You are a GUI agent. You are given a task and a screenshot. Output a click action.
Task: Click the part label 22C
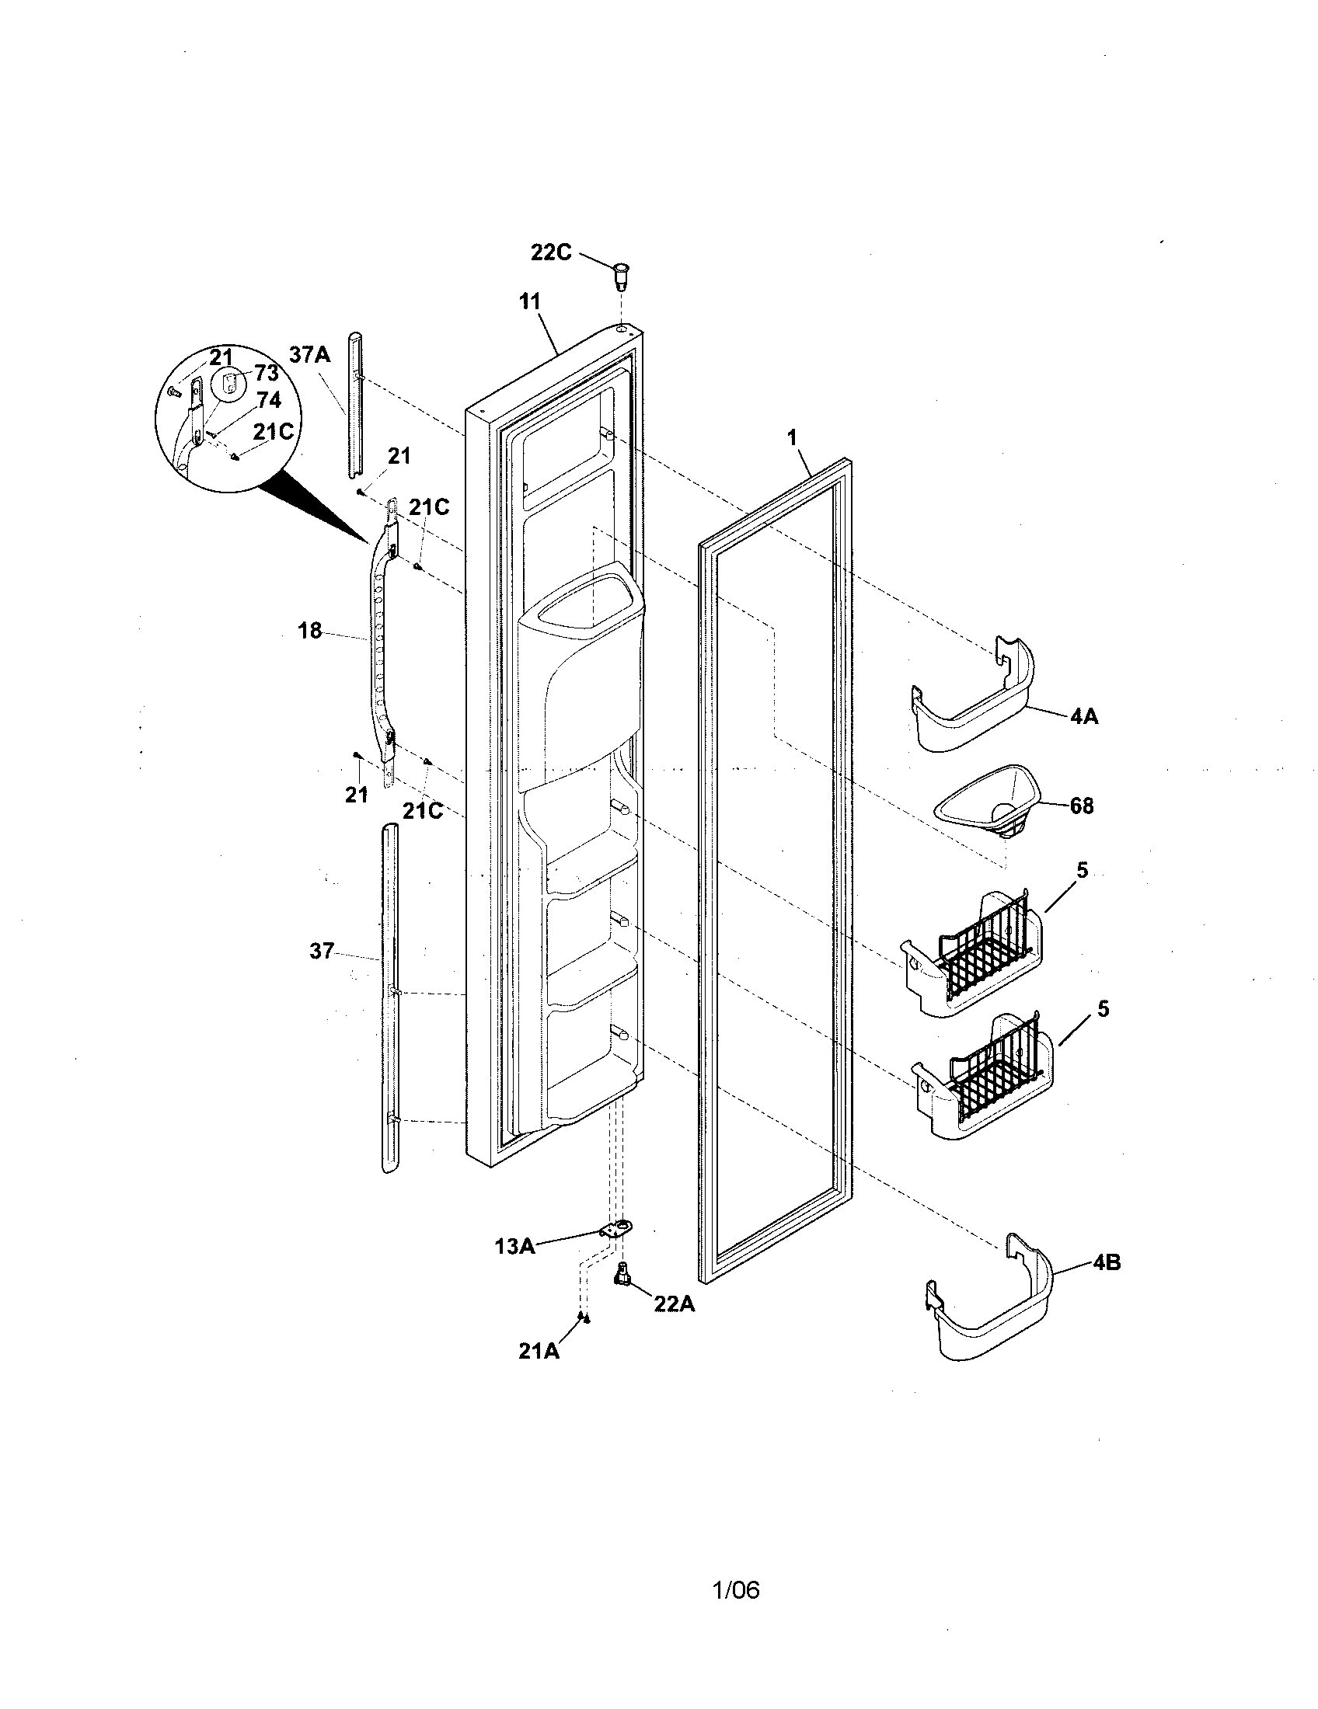pyautogui.click(x=551, y=252)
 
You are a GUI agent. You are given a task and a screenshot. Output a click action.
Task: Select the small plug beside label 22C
pyautogui.click(x=620, y=277)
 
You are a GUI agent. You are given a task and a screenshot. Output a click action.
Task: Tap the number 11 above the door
pyautogui.click(x=530, y=301)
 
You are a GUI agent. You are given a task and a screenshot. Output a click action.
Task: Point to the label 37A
pyautogui.click(x=309, y=354)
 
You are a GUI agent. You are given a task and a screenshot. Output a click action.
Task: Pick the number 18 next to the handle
pyautogui.click(x=310, y=630)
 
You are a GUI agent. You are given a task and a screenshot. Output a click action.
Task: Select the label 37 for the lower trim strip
pyautogui.click(x=322, y=952)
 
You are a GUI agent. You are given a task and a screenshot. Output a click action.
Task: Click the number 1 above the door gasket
pyautogui.click(x=792, y=437)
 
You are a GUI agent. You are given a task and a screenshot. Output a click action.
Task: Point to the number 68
pyautogui.click(x=1082, y=806)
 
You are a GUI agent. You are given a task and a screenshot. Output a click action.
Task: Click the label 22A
pyautogui.click(x=675, y=1304)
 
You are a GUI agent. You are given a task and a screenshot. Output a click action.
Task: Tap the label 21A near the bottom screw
pyautogui.click(x=539, y=1351)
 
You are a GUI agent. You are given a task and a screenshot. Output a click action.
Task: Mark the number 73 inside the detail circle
pyautogui.click(x=266, y=373)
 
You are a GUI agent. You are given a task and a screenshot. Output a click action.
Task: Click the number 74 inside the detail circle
pyautogui.click(x=267, y=401)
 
